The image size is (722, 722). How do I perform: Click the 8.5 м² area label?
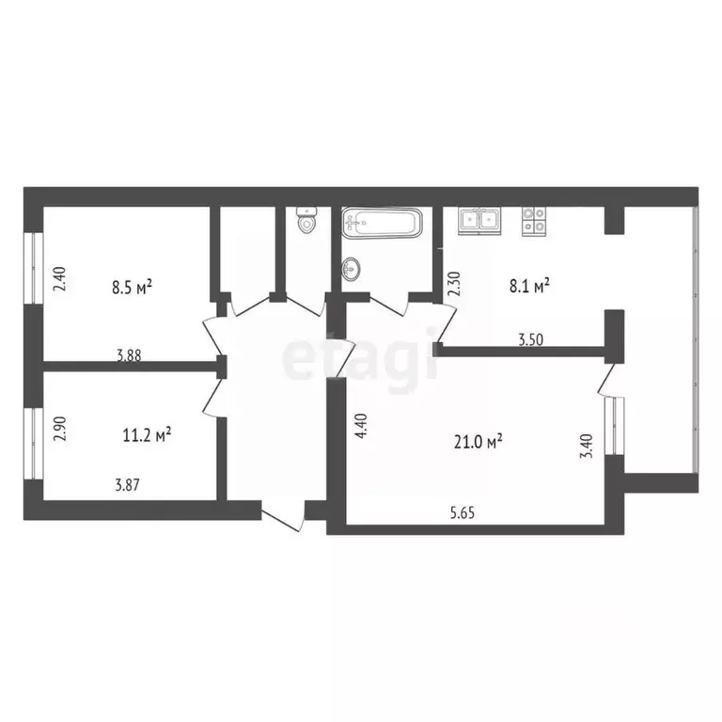click(x=132, y=288)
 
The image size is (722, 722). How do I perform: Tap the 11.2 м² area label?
click(x=148, y=434)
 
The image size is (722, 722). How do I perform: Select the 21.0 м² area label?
click(x=478, y=442)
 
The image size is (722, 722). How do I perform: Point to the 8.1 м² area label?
click(x=529, y=286)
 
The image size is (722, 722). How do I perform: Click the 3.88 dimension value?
click(x=129, y=355)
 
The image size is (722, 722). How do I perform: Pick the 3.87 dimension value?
click(x=127, y=485)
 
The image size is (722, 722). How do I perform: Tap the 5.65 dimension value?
click(x=463, y=512)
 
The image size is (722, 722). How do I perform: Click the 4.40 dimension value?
click(x=361, y=426)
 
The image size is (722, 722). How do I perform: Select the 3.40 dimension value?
click(x=586, y=447)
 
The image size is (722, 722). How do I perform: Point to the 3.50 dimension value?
click(x=531, y=339)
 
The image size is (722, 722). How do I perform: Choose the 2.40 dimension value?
click(x=60, y=279)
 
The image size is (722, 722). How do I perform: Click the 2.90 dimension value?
click(x=60, y=429)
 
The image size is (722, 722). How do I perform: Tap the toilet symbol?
click(x=306, y=222)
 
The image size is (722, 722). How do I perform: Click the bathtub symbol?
click(x=382, y=224)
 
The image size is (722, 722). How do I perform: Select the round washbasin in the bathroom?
click(x=351, y=268)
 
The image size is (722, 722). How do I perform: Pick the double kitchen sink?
click(x=479, y=220)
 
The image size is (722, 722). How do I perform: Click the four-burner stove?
click(x=533, y=221)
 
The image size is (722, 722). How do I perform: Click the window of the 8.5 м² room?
click(x=34, y=268)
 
